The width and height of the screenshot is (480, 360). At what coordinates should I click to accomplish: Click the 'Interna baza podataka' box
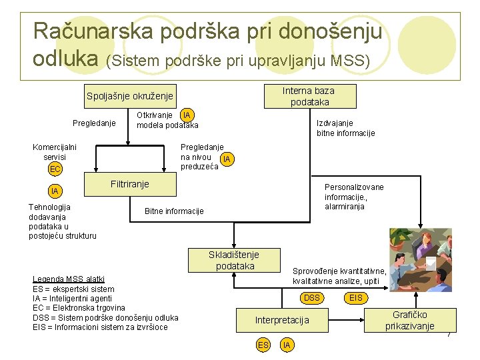coord(308,97)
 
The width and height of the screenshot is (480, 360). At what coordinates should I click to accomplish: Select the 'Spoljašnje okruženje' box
coord(130,97)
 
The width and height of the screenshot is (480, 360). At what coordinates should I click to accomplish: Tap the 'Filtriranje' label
coord(129,184)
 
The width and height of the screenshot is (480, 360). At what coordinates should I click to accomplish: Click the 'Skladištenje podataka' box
coord(233,260)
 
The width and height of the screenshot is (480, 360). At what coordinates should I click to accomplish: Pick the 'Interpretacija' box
coord(282,320)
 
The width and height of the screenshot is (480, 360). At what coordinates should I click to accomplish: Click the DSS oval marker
coord(312,298)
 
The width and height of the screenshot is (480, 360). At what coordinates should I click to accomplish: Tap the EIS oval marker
coord(356,298)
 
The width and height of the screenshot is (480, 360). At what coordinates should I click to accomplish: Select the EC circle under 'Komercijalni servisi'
coord(55,169)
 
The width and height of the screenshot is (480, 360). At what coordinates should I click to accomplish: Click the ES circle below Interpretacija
coord(263,345)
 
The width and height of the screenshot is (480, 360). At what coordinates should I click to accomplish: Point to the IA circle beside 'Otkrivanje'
coord(187,115)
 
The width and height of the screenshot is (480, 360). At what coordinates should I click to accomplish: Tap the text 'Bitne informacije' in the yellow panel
coord(174,211)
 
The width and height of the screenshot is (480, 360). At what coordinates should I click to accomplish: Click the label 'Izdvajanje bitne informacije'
coord(345,128)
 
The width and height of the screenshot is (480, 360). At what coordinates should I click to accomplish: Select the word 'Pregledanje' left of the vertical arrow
coord(94,123)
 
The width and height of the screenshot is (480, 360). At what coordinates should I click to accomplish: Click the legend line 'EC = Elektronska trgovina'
coord(79,308)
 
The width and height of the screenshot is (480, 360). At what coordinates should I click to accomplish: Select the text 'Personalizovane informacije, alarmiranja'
coord(354,197)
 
